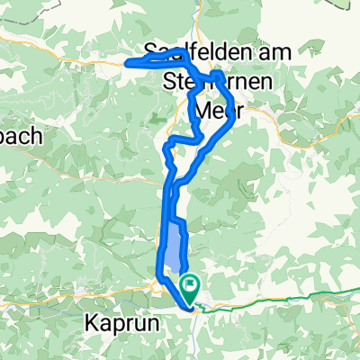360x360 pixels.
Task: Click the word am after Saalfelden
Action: [270, 52]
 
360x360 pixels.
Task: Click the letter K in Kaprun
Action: [90, 320]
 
